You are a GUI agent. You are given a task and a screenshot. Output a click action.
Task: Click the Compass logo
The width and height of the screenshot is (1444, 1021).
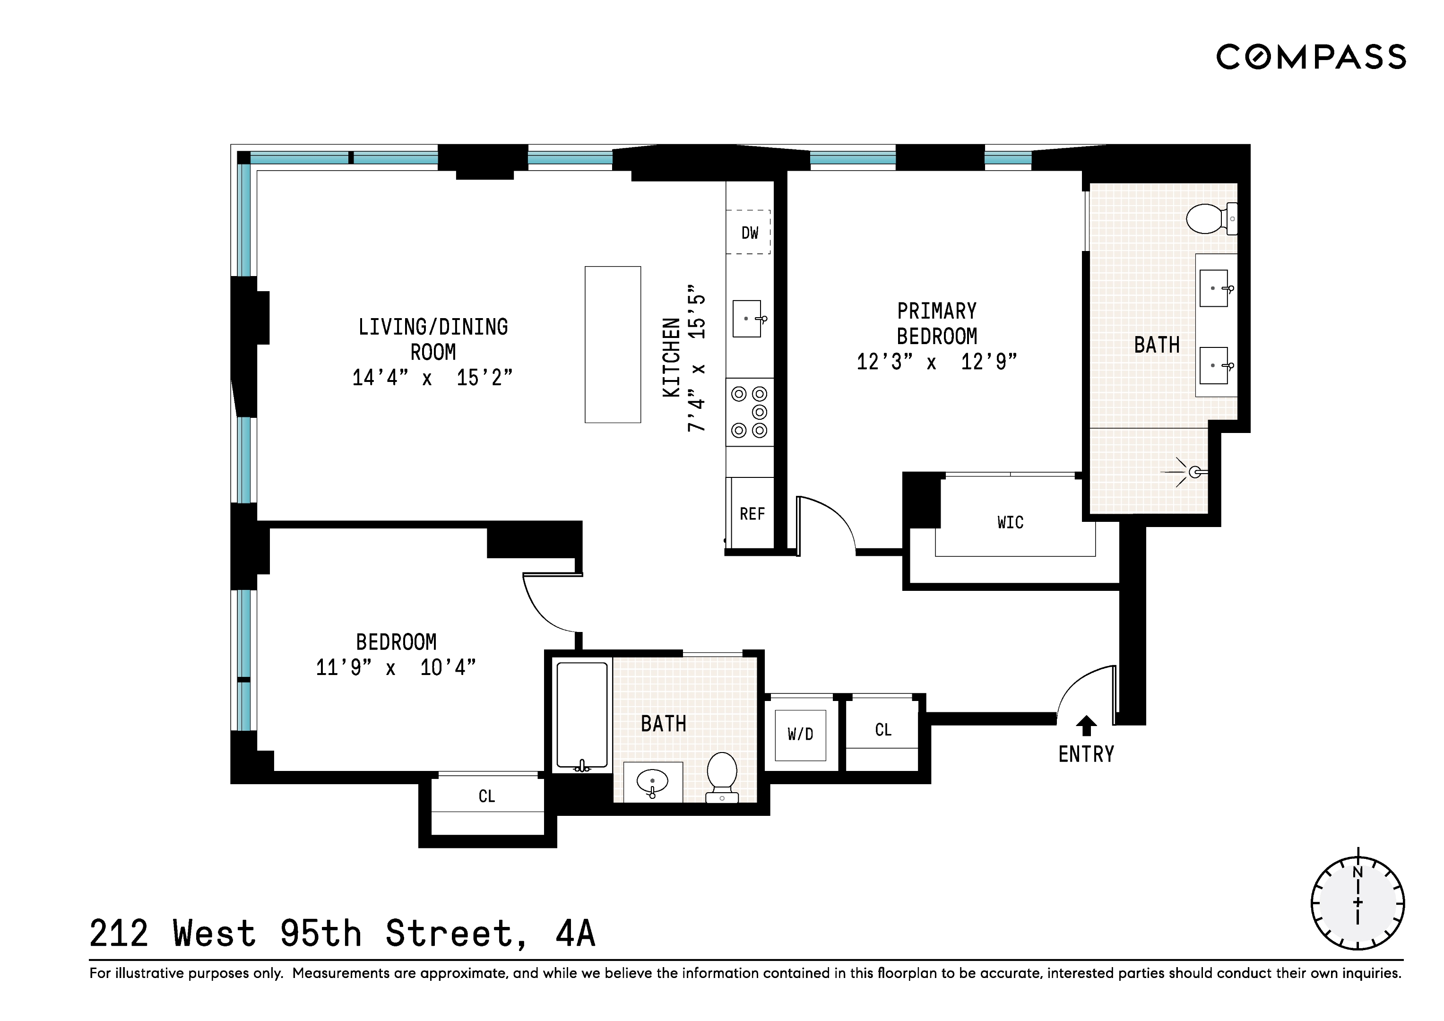coord(1311,57)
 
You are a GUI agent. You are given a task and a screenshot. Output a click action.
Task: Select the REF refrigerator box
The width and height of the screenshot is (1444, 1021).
coord(752,513)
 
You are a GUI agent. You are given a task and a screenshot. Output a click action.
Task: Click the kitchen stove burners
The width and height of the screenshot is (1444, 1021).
coord(750,412)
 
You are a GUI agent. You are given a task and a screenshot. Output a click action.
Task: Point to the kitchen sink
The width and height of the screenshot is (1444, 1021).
coord(747,319)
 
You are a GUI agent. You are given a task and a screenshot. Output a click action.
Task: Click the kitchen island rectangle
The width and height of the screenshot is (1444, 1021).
coord(613,344)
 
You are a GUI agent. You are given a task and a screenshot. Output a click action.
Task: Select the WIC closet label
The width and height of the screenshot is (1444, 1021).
coord(1010,522)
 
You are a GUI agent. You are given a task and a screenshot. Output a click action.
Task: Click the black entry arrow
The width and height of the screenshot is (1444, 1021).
coord(1086,725)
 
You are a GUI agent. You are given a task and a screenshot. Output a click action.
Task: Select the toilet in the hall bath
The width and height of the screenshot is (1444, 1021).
coord(722,775)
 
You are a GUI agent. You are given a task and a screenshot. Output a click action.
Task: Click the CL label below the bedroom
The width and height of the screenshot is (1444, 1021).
coord(487,796)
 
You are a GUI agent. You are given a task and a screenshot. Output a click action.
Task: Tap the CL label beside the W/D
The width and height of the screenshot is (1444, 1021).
coord(883,730)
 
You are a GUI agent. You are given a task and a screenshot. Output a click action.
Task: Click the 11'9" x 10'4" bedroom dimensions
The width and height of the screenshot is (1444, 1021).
coord(396,667)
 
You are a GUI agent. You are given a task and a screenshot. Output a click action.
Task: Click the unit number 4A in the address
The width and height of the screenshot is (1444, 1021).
coord(575,933)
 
